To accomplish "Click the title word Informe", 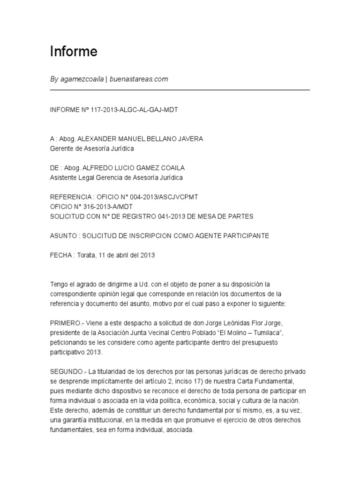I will click(x=74, y=52).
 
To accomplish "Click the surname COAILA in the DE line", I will click(x=165, y=168).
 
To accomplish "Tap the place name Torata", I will click(x=85, y=255).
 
